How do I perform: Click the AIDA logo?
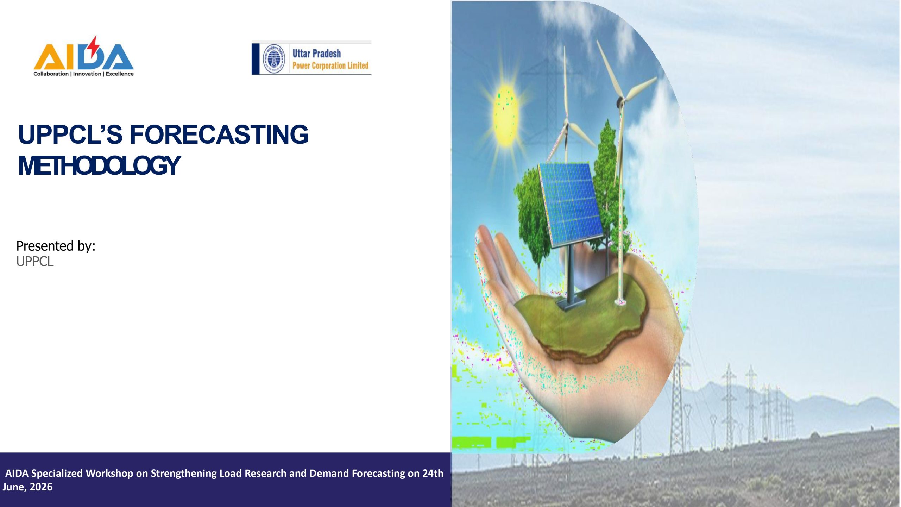(83, 56)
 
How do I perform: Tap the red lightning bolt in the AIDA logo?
(93, 47)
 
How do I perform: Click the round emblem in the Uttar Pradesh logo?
(274, 58)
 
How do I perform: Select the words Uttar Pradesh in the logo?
(316, 54)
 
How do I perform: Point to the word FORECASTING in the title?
(219, 134)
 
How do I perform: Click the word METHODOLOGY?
(99, 165)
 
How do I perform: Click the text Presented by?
(56, 246)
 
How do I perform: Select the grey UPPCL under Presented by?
(35, 262)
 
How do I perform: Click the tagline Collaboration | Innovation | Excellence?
(83, 74)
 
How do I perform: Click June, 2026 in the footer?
(27, 487)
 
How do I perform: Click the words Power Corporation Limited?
(330, 65)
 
